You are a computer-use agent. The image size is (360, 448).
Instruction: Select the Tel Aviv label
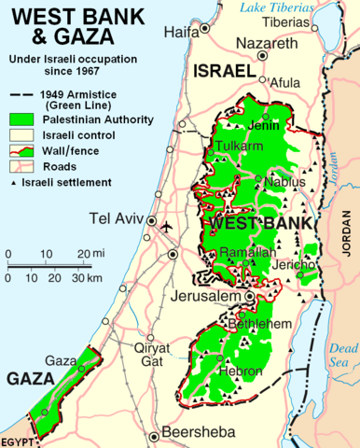[116, 220]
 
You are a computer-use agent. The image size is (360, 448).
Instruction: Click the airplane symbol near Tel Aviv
[167, 227]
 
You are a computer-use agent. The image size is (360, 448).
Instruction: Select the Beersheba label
[199, 432]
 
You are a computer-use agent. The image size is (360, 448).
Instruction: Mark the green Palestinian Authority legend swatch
[24, 119]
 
